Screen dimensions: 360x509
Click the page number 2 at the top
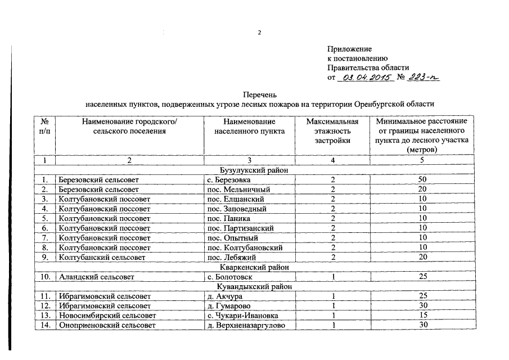pyautogui.click(x=259, y=32)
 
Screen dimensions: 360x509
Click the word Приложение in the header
pyautogui.click(x=349, y=49)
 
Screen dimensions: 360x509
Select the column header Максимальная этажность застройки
pyautogui.click(x=332, y=131)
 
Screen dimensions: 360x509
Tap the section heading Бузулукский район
pyautogui.click(x=254, y=170)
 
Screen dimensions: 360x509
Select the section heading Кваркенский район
pyautogui.click(x=254, y=267)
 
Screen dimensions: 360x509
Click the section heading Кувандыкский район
pyautogui.click(x=254, y=286)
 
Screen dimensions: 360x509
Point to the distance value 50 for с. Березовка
pyautogui.click(x=422, y=180)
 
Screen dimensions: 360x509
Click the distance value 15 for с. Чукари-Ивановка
pyautogui.click(x=422, y=316)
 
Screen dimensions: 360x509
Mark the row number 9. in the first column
pyautogui.click(x=44, y=257)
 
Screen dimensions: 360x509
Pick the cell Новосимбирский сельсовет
pyautogui.click(x=107, y=316)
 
